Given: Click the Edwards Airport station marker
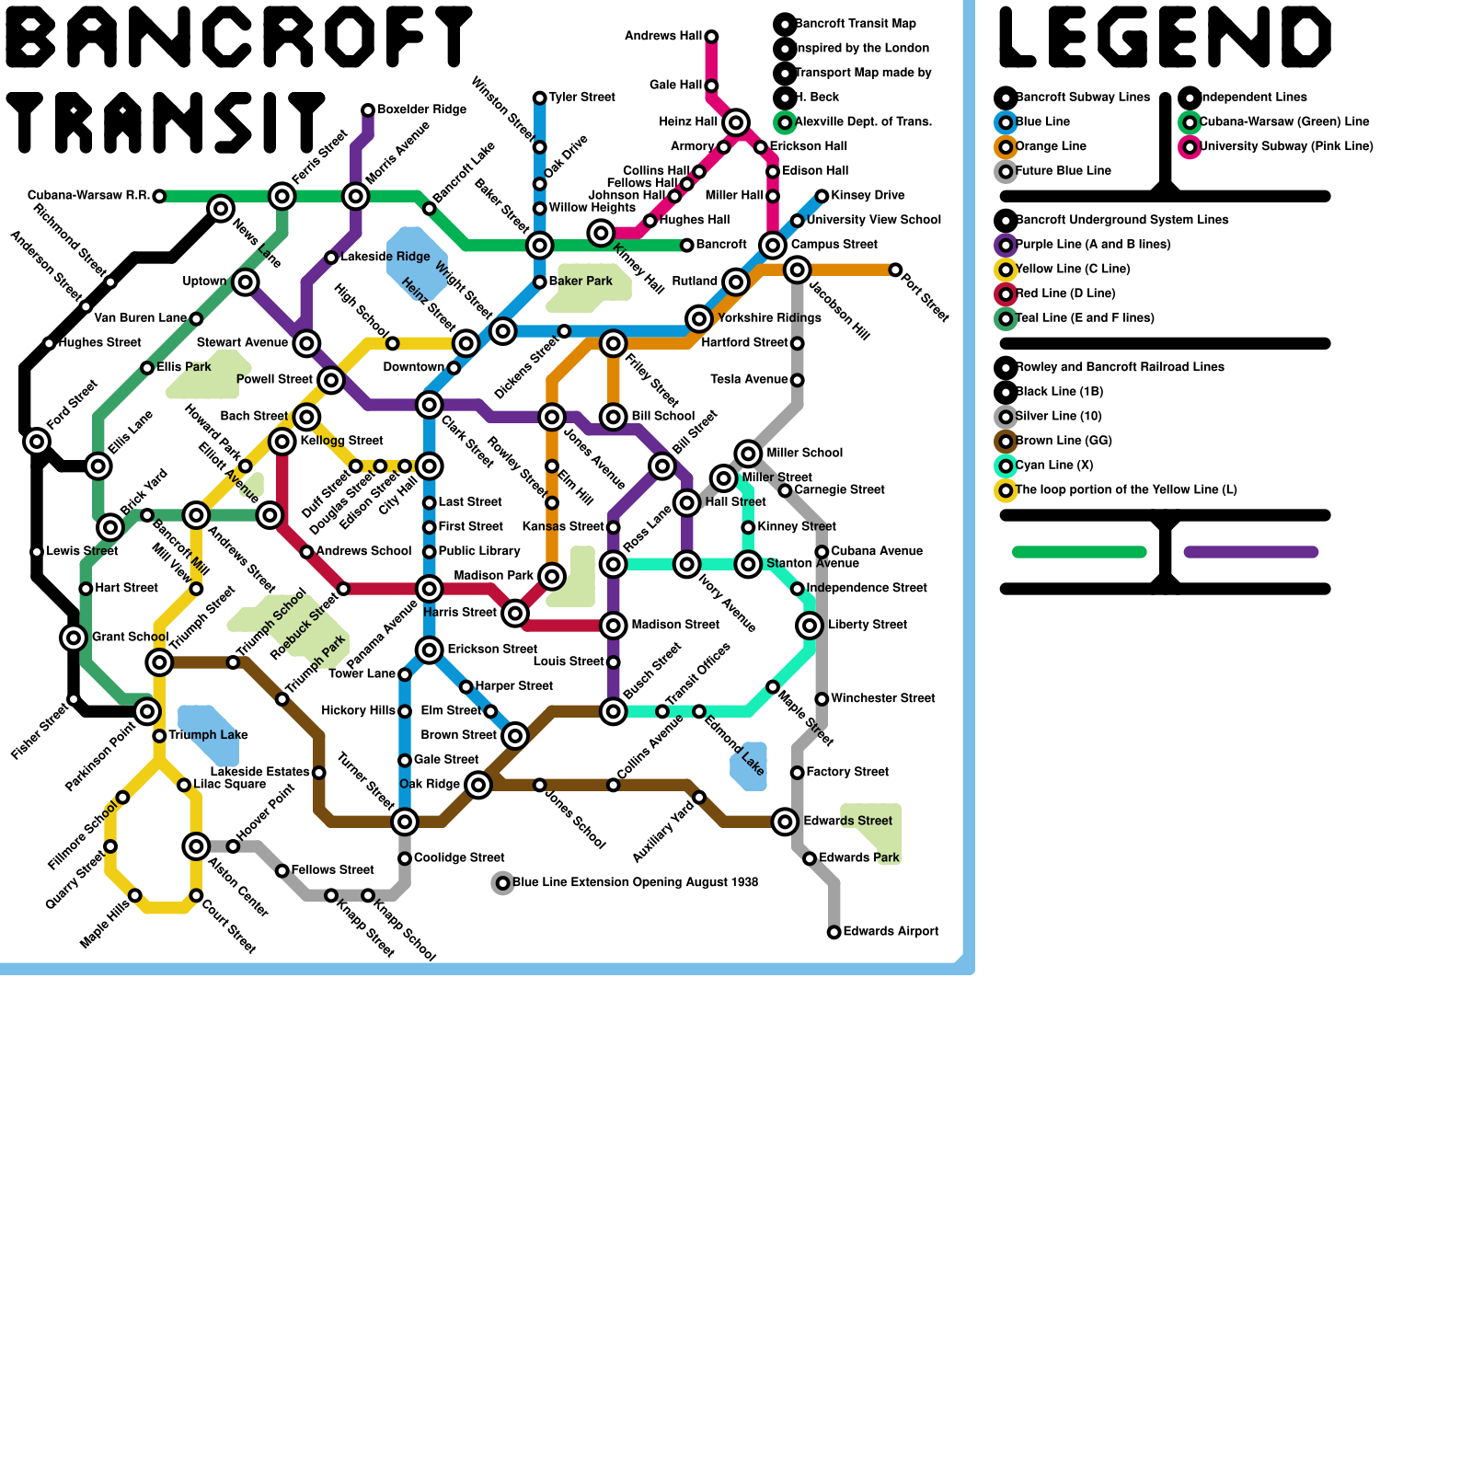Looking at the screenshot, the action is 834,932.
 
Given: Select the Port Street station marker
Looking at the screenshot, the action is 895,270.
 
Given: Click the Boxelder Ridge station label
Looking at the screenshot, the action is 421,109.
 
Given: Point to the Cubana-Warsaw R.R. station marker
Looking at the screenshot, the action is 159,196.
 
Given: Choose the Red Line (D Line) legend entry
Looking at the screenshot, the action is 1064,293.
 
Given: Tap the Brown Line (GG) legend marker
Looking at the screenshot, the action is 1006,441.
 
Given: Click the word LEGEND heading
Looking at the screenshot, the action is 1165,38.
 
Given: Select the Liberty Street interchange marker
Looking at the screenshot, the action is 810,626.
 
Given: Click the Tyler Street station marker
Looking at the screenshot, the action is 540,98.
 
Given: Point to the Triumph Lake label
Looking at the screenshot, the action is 208,735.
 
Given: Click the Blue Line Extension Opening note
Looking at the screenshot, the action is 635,882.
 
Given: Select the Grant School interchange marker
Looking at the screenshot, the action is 74,637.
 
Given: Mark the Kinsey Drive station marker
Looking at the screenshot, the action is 822,196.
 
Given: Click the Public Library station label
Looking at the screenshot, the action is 479,551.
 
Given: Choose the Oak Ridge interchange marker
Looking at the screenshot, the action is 478,785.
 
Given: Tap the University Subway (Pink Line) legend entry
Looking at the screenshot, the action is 1285,146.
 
